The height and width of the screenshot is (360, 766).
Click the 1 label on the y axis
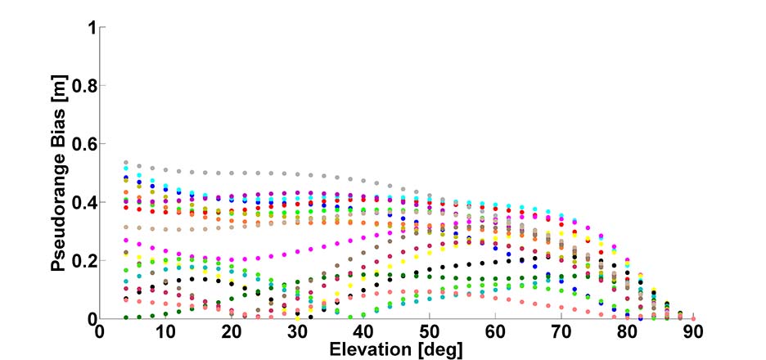(x=92, y=29)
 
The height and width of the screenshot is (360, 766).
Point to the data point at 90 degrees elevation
(x=693, y=318)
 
